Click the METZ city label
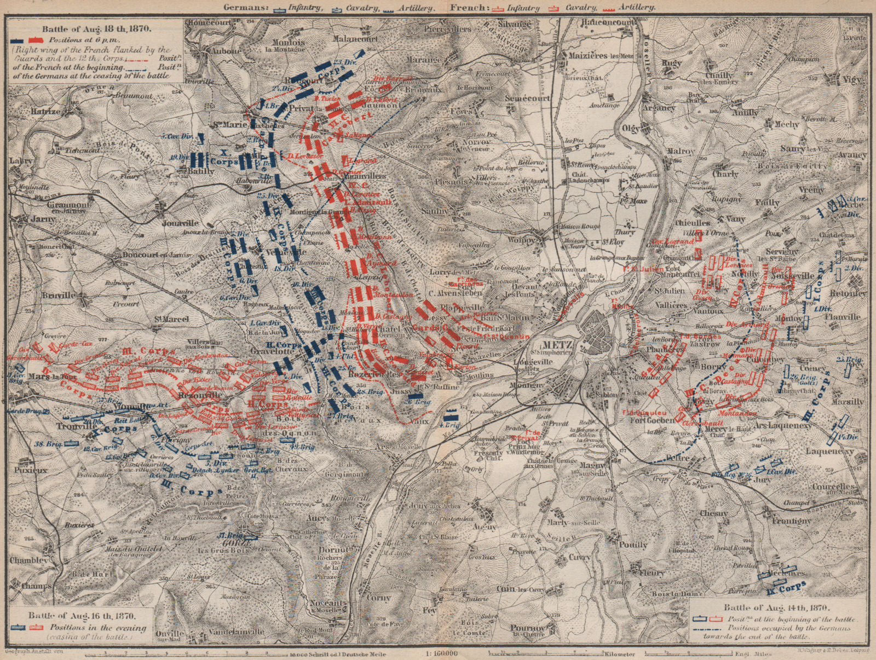click(558, 345)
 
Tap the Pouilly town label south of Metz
click(633, 545)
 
